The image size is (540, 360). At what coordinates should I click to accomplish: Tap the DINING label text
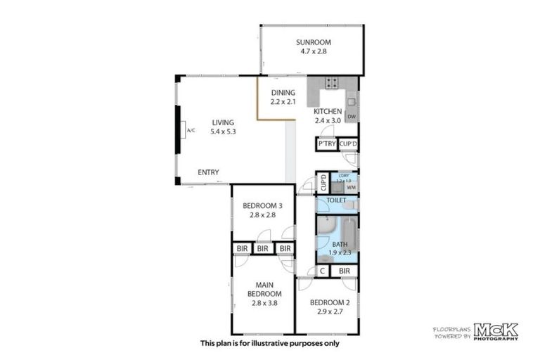[x=284, y=93]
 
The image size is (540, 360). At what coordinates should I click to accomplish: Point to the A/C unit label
[x=191, y=131]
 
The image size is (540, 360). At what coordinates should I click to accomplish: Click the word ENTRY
[x=208, y=172]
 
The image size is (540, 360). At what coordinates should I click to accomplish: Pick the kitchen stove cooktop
[x=332, y=83]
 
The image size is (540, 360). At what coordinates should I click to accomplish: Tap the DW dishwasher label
[x=352, y=117]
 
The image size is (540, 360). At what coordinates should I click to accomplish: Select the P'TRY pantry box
[x=326, y=144]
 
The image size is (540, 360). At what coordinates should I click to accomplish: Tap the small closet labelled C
[x=323, y=271]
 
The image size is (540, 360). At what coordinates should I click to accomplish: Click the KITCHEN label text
[x=328, y=112]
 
